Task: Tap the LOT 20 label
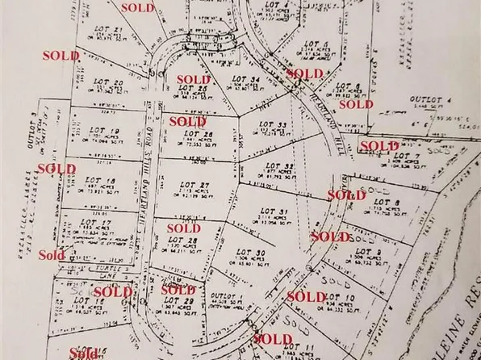(x=114, y=82)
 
